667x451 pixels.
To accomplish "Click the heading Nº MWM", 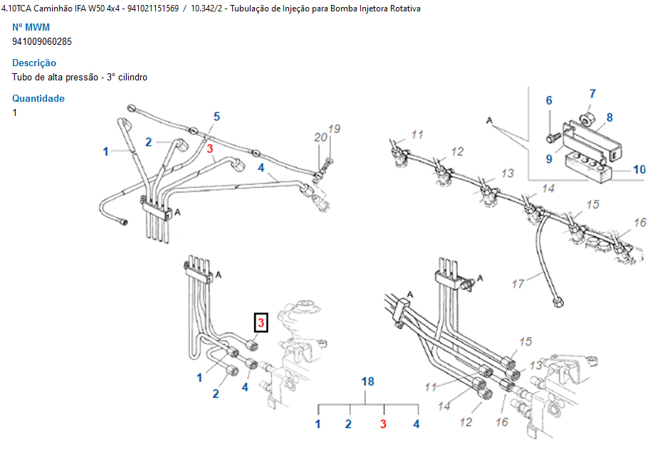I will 31,27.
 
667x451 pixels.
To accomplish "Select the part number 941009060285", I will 42,41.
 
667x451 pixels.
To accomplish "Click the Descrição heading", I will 34,63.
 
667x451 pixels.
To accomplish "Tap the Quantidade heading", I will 38,98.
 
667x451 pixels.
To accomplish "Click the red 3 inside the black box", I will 261,324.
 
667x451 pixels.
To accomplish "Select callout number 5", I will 216,116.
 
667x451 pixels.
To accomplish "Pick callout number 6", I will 549,101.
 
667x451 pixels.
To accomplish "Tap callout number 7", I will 592,93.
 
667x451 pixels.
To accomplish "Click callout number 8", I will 609,117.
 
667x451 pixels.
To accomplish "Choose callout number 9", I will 549,159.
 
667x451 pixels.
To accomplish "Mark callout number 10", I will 639,169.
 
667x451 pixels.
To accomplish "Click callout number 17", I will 518,283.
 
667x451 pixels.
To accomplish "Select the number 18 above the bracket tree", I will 367,381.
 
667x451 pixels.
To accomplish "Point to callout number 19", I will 334,129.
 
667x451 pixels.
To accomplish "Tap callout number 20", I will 320,137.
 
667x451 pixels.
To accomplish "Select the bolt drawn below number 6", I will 551,132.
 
